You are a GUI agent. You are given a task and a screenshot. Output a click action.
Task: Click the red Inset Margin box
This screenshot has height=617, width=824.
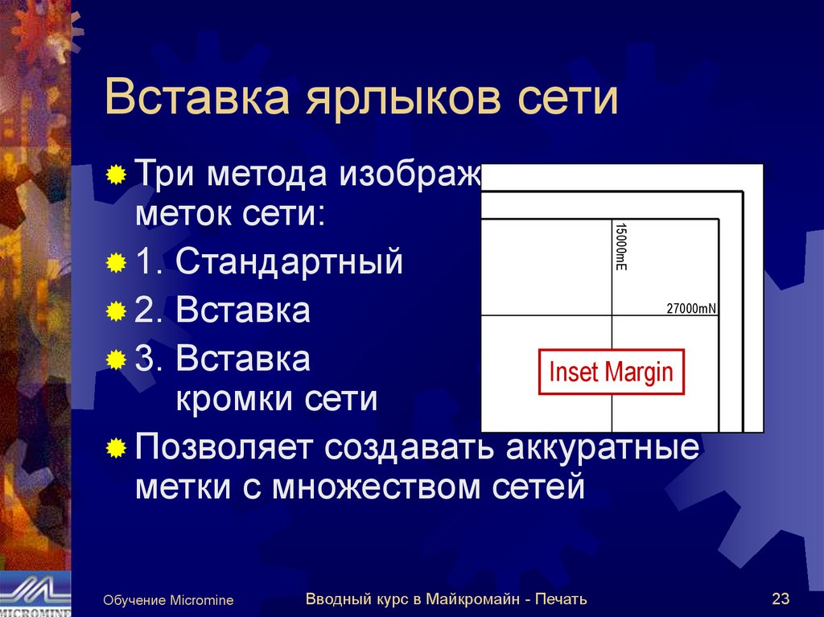coord(611,372)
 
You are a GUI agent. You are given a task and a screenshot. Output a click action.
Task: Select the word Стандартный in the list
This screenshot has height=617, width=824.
coord(289,262)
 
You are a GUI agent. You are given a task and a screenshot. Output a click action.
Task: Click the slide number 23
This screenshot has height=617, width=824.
coord(780,599)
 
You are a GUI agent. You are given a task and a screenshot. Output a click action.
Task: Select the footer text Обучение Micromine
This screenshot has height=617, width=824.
coord(168,600)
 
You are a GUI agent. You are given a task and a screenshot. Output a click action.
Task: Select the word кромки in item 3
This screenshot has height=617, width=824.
coord(231,398)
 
